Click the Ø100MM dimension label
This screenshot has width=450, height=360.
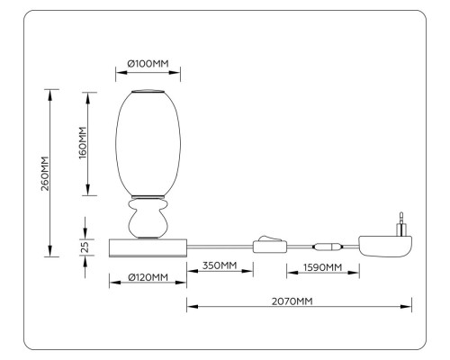pos(148,63)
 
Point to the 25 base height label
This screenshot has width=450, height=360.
pos(83,246)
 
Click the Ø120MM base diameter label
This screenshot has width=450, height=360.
pos(148,277)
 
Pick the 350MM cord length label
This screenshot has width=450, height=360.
pos(219,265)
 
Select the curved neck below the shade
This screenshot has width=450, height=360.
pos(148,219)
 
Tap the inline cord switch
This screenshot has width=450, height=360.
pos(267,245)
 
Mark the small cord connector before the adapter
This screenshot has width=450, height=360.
pos(325,245)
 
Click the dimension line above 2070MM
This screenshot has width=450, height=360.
pos(297,309)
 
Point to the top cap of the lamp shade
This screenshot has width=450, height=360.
pos(148,92)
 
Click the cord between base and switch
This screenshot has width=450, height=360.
pos(220,245)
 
